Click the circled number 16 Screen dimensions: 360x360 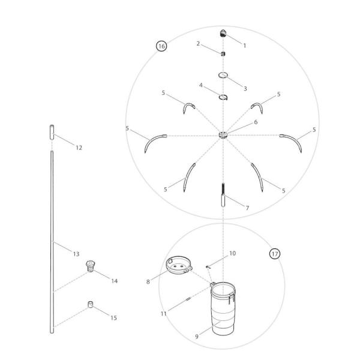coord(161,46)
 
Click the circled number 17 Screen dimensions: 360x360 coord(274,254)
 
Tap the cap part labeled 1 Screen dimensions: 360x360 coord(223,33)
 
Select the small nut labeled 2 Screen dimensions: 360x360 coord(223,53)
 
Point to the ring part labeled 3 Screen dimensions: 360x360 coord(223,75)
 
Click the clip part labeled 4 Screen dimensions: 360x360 coord(222,96)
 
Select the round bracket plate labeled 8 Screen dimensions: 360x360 coord(178,265)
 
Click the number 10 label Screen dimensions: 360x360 coord(232,253)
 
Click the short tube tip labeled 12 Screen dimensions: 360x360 coord(52,131)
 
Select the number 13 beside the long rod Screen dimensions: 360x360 coord(76,254)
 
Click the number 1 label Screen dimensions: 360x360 coord(244,45)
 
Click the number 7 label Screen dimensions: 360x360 coord(247,208)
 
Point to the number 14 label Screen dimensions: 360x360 coord(114,280)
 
